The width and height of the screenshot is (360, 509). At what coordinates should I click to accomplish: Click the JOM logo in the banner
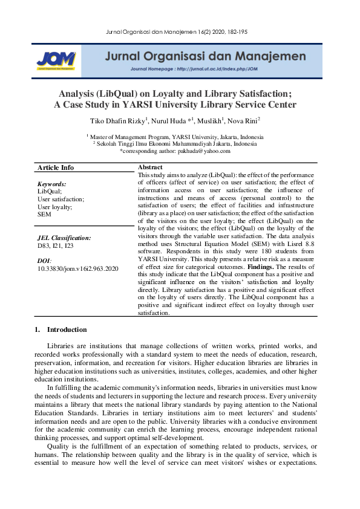[x=56, y=59]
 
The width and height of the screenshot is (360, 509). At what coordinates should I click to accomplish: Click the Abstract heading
[x=150, y=167]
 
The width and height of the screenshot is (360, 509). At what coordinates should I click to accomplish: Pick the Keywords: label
[x=51, y=184]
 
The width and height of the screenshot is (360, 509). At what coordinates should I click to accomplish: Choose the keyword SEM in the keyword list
[x=44, y=214]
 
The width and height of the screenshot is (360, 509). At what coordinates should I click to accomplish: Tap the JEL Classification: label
[x=64, y=238]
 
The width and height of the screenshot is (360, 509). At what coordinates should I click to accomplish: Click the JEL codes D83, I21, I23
[x=56, y=246]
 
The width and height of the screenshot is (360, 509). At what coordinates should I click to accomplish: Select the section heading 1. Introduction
[x=61, y=330]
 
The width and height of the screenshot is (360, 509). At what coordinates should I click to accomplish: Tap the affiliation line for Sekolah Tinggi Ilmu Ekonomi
[x=175, y=144]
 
